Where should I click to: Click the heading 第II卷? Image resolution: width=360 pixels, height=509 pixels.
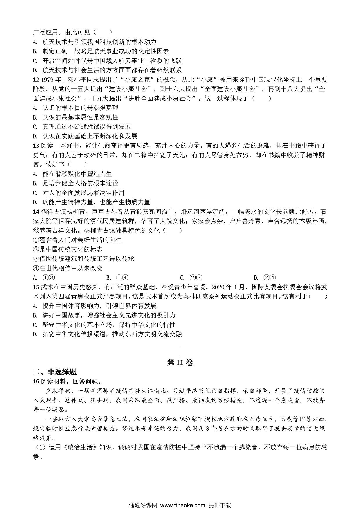coord(180,362)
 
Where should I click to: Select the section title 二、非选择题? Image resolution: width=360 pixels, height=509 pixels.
coord(55,372)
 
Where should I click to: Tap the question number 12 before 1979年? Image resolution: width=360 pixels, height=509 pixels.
coord(36,80)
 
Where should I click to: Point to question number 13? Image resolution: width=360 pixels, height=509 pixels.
coord(36,145)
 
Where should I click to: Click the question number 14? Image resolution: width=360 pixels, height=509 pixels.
coord(36,212)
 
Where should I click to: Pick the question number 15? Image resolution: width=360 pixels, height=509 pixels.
coord(36,287)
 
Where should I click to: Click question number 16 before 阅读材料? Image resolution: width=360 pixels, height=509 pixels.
coord(36,381)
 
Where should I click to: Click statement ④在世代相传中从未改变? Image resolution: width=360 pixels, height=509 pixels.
coord(68,268)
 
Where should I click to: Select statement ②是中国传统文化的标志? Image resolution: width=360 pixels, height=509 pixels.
coord(68,249)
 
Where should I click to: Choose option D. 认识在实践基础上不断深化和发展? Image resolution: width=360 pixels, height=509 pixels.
coord(85,136)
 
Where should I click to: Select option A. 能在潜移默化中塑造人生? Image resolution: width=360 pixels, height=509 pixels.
coord(73,174)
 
